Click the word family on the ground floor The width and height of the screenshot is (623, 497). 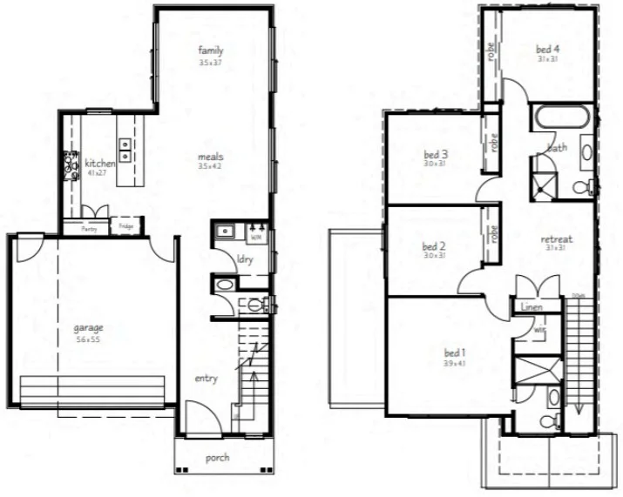[x=211, y=50]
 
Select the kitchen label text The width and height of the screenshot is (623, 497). [x=99, y=164]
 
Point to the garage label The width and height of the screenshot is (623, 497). [x=88, y=328]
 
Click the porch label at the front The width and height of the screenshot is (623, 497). [x=217, y=458]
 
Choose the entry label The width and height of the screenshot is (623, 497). [x=206, y=379]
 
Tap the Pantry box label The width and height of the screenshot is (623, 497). [x=89, y=229]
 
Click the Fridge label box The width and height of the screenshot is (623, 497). [x=125, y=228]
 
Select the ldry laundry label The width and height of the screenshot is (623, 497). [x=245, y=258]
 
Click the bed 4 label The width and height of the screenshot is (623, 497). [x=547, y=49]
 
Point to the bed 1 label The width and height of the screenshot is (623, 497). [x=455, y=353]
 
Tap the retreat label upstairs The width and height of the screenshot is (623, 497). [x=555, y=238]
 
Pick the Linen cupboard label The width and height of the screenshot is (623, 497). [x=532, y=307]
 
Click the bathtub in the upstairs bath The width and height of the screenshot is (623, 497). [x=562, y=118]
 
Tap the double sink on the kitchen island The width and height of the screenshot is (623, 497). [x=126, y=150]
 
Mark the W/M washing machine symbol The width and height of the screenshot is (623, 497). [x=256, y=235]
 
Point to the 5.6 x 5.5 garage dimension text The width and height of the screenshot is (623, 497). [x=88, y=339]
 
